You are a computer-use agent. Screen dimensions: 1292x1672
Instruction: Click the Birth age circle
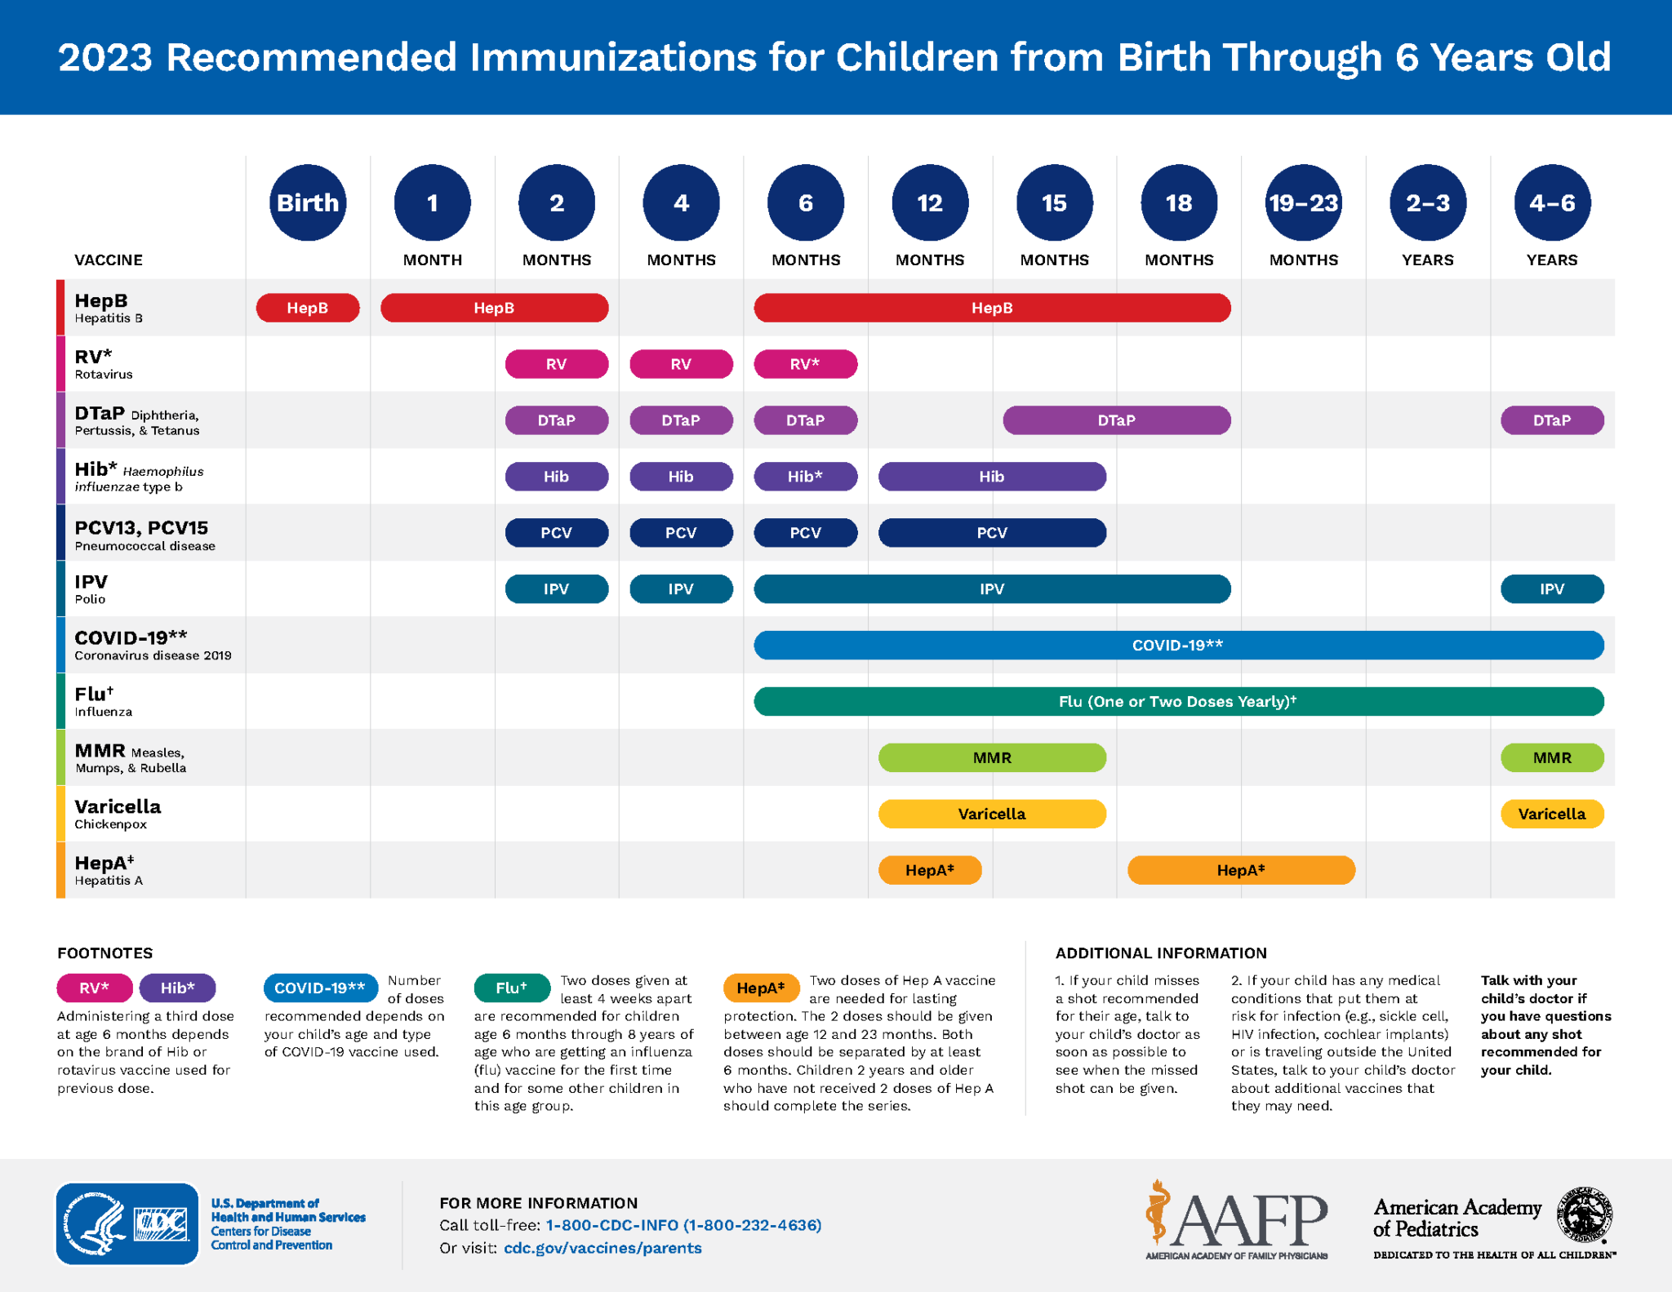[x=308, y=202]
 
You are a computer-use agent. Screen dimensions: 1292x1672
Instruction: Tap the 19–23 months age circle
[x=1303, y=202]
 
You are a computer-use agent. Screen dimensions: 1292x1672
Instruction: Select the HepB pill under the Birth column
[x=308, y=308]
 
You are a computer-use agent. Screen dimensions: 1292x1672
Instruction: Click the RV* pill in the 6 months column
[x=805, y=364]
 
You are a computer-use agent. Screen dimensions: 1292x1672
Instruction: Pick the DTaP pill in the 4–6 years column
[x=1551, y=420]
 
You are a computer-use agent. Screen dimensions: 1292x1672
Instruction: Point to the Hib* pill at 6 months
[x=805, y=477]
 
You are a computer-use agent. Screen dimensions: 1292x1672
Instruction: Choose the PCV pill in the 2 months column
[x=556, y=533]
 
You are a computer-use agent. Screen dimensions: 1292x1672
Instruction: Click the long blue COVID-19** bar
[x=1178, y=645]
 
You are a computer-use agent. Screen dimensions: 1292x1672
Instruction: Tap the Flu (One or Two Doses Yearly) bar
[x=1178, y=701]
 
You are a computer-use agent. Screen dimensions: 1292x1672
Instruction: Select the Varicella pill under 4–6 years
[x=1551, y=814]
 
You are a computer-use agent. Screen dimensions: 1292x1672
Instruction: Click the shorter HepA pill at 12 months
[x=929, y=870]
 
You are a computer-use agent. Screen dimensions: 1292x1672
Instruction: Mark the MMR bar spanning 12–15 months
[x=992, y=757]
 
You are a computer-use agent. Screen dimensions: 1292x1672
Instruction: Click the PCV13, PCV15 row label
[x=141, y=528]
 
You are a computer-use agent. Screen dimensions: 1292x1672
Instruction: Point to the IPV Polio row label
[x=91, y=588]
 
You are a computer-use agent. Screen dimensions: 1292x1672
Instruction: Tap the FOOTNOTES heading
[x=105, y=953]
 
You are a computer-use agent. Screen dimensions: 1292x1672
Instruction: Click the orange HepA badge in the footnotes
[x=760, y=988]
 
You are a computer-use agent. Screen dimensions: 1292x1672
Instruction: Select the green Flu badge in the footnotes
[x=511, y=988]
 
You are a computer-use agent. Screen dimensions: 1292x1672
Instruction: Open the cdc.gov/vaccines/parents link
[x=603, y=1248]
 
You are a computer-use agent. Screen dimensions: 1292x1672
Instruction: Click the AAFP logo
[x=1236, y=1220]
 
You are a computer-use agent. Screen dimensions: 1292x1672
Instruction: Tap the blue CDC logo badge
[x=127, y=1223]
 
